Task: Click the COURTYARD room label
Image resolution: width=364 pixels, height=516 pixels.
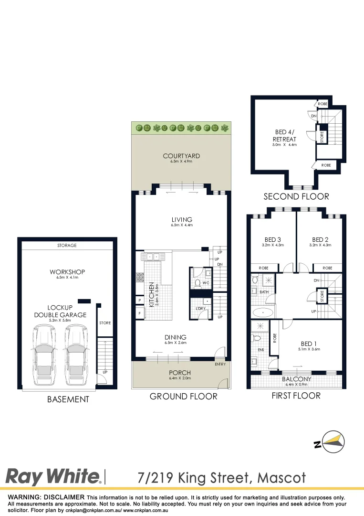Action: [181, 156]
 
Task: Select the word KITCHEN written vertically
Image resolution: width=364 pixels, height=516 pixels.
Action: [150, 294]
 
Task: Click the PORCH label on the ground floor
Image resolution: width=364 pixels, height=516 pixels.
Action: [180, 373]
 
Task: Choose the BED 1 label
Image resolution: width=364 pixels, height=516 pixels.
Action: [308, 344]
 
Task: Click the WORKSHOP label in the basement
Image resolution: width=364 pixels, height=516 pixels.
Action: [67, 272]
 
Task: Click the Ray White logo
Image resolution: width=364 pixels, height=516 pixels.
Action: [52, 476]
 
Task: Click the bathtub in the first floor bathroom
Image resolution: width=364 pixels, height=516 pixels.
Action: [262, 313]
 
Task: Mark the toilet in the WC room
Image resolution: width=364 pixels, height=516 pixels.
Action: [197, 283]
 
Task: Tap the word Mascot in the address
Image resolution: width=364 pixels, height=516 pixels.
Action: [281, 477]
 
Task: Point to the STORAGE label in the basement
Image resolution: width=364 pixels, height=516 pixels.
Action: [67, 246]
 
